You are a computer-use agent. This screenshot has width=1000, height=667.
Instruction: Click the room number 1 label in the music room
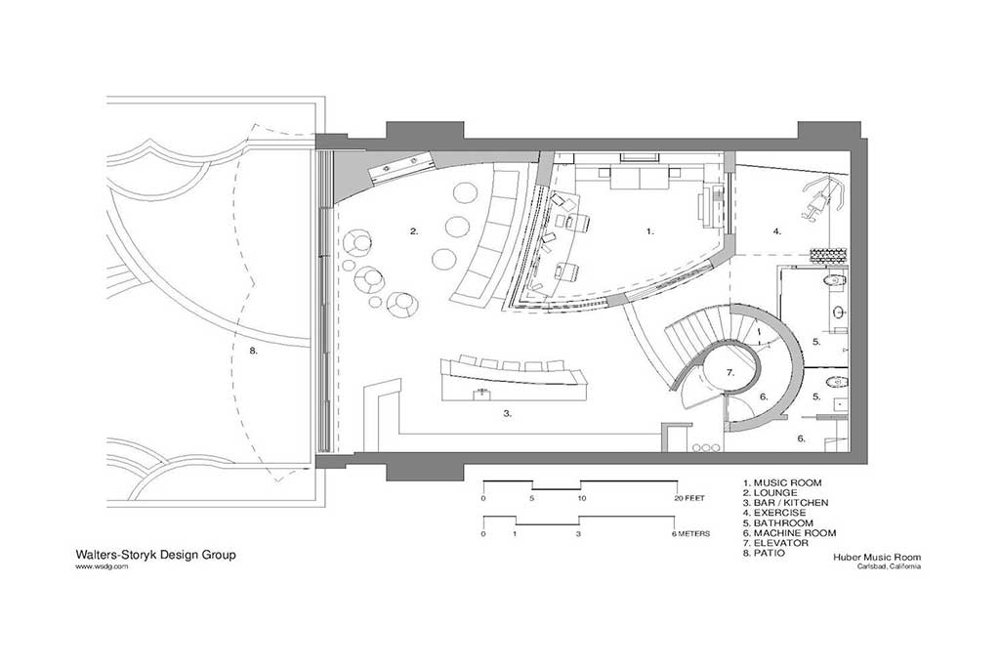pos(649,231)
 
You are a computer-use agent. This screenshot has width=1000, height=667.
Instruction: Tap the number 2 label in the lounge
pos(414,231)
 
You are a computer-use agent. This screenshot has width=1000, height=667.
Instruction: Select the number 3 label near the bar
pos(507,413)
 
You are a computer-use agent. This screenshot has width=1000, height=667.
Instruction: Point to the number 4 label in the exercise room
pos(776,231)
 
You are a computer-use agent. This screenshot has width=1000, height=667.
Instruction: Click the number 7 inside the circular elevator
pos(730,373)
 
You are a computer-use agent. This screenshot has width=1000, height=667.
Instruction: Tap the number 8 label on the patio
pos(253,350)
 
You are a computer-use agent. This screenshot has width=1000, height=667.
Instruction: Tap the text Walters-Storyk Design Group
pos(156,554)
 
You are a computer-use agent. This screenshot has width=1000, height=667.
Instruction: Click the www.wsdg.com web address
pos(102,565)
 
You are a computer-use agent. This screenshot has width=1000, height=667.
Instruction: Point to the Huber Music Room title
pos(877,557)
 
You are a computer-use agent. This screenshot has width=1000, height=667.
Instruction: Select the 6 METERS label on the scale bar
pos(690,534)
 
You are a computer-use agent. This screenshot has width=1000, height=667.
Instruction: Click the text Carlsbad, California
pos(889,566)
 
